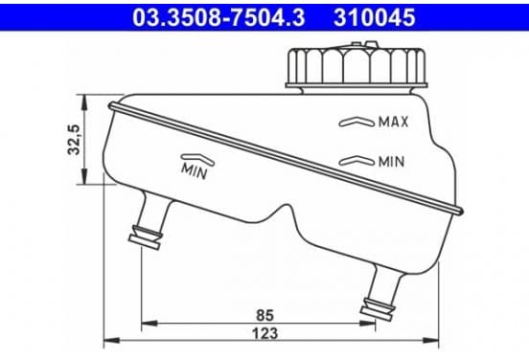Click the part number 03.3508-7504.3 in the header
[x=218, y=17]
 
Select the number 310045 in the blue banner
[x=374, y=17]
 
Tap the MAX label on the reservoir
[x=393, y=122]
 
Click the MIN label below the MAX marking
[x=391, y=162]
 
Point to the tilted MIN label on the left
[x=195, y=170]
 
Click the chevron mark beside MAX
[x=356, y=122]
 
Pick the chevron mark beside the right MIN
[x=356, y=161]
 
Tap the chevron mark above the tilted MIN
[x=197, y=159]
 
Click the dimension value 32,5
[x=74, y=140]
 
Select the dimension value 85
[x=264, y=315]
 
